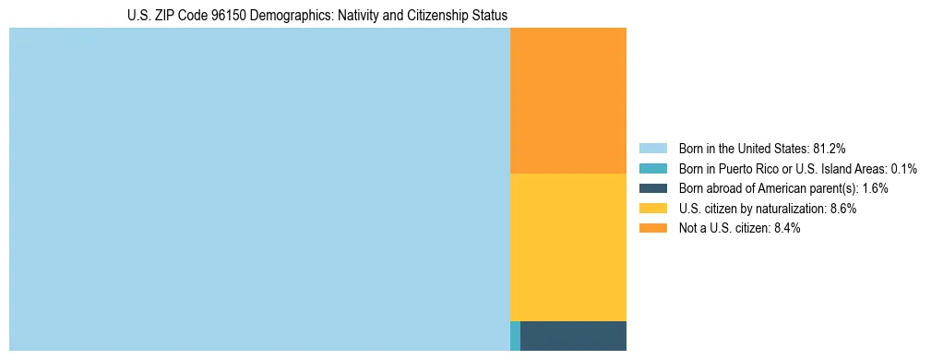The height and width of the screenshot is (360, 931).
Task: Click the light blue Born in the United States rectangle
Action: coord(259,189)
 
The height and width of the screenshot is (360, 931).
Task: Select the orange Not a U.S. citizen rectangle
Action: coord(567,101)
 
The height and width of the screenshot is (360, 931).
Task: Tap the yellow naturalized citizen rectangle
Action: coord(567,246)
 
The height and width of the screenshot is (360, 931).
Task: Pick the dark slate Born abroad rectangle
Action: coord(573,336)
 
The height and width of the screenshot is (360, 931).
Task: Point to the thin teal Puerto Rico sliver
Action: coord(515,336)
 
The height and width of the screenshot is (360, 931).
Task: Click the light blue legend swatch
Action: coord(652,148)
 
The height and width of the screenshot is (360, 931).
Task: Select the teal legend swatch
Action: coord(652,168)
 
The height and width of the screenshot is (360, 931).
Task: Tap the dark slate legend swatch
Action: coord(652,188)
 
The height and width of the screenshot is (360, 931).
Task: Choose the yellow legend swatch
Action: coord(652,209)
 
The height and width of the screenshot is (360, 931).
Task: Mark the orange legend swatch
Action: coord(652,228)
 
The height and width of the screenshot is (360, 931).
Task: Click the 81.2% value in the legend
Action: coord(830,148)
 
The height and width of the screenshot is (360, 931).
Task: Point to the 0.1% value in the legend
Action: coord(904,168)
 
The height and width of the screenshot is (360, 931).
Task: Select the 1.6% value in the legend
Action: coord(875,188)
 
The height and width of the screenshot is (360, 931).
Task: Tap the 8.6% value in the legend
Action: coord(841,209)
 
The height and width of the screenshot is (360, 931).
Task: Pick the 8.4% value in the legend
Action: coord(784,228)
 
